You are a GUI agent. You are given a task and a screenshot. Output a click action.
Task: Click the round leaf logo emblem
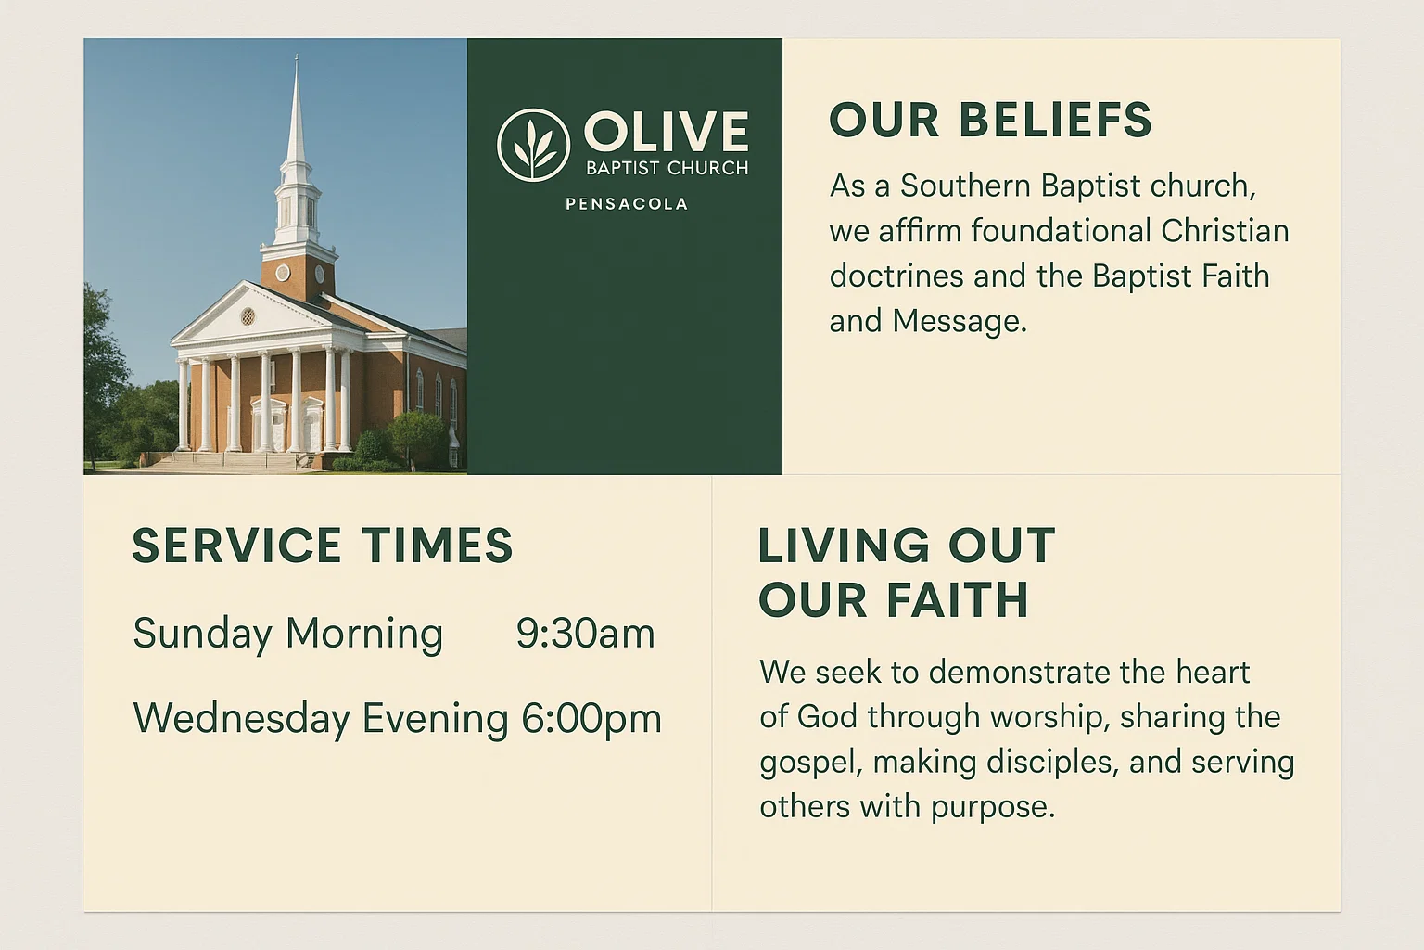click(x=533, y=145)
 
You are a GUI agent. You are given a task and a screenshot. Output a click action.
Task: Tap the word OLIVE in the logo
click(x=666, y=132)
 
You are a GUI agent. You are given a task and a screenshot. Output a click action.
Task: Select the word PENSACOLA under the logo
click(x=627, y=204)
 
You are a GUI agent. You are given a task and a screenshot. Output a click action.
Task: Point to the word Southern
click(x=965, y=186)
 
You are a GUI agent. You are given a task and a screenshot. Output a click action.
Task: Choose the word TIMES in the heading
click(x=437, y=546)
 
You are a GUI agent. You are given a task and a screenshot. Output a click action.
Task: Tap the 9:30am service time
click(x=585, y=634)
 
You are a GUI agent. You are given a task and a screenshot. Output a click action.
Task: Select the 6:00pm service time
click(x=591, y=719)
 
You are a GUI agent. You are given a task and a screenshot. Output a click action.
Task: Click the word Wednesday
click(x=242, y=719)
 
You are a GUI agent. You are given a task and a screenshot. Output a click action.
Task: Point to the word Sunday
click(x=203, y=634)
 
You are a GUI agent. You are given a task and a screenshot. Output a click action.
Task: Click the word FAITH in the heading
click(x=958, y=600)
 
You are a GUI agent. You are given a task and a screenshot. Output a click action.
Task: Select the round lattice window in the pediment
click(x=248, y=316)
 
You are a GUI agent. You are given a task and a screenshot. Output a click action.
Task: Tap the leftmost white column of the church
click(x=184, y=405)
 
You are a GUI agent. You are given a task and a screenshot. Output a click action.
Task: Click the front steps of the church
click(x=222, y=461)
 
